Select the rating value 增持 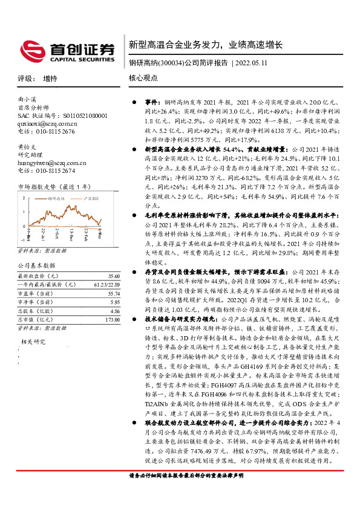point(51,79)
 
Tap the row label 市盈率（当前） point(36,293)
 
